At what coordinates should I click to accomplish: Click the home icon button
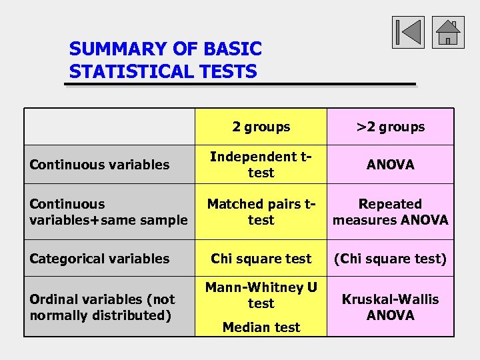pos(448,33)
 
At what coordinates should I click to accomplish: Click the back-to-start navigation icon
pos(408,33)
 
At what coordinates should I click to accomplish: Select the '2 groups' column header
pos(261,127)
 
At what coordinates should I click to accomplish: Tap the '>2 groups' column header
pos(391,127)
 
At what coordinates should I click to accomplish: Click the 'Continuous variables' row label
pos(99,165)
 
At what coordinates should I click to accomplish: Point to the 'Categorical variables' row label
pos(99,259)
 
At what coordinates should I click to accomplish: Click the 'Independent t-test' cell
pos(261,165)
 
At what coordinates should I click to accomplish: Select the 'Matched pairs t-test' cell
pos(261,212)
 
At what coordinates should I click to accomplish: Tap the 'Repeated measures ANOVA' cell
pos(391,212)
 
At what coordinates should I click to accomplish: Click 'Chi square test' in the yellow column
pos(261,259)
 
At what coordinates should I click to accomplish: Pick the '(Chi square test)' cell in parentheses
pos(391,259)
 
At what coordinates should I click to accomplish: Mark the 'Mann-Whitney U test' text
pos(261,295)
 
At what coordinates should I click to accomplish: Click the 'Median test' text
pos(261,327)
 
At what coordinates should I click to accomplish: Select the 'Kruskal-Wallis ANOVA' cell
pos(391,307)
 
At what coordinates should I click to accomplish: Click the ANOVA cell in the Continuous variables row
pos(391,165)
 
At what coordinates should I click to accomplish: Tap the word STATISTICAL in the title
pos(126,71)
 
